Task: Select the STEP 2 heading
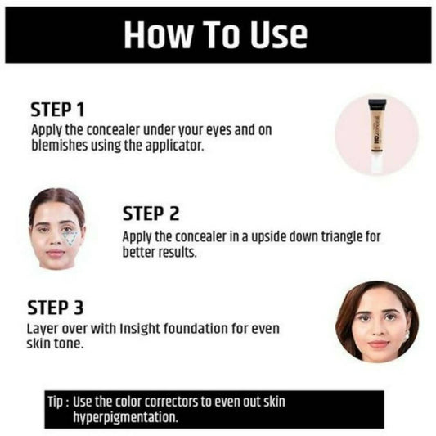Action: point(151,214)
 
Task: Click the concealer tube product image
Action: point(375,132)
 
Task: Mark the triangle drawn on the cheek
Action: point(70,238)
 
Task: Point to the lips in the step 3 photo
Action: point(378,344)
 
